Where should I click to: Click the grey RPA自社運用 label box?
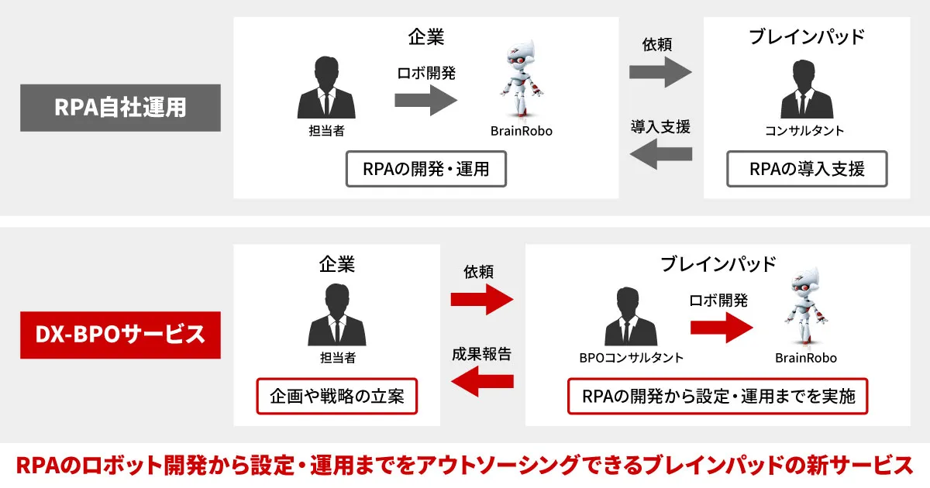[120, 107]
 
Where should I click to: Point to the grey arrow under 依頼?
[660, 72]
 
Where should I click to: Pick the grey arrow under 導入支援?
[660, 155]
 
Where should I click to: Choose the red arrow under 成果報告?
[482, 381]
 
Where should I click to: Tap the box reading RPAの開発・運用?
[425, 169]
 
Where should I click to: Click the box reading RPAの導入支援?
[807, 169]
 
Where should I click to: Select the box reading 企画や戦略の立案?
[336, 397]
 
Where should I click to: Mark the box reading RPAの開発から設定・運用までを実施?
[718, 397]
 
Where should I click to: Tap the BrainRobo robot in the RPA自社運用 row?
[520, 81]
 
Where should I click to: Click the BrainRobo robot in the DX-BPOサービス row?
[806, 308]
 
